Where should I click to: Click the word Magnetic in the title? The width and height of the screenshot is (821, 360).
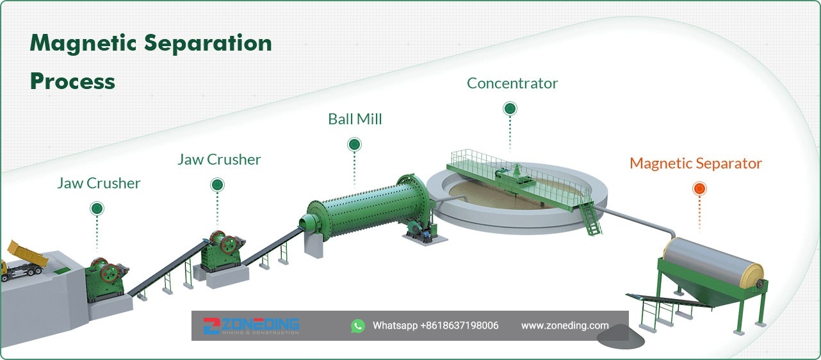point(83,44)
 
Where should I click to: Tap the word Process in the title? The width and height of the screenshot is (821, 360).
point(72,82)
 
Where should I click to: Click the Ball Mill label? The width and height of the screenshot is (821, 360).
point(355,119)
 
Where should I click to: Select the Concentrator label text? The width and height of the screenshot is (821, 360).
point(512,83)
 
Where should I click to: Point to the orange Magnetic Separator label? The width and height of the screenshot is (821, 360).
point(695,163)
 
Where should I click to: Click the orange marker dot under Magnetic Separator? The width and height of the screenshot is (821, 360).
point(699,188)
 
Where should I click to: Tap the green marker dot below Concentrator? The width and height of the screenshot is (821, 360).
point(510,108)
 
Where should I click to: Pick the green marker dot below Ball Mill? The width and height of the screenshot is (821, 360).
point(354,144)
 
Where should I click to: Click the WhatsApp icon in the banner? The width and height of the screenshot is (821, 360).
point(358,325)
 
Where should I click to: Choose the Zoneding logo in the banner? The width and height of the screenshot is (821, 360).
point(252,325)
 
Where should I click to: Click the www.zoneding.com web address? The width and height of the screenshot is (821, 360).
point(565,325)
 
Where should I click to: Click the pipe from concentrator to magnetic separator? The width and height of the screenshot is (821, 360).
point(637,220)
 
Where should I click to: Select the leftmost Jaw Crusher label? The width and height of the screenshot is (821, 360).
point(99,183)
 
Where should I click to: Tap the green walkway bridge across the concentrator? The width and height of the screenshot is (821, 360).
point(519,179)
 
